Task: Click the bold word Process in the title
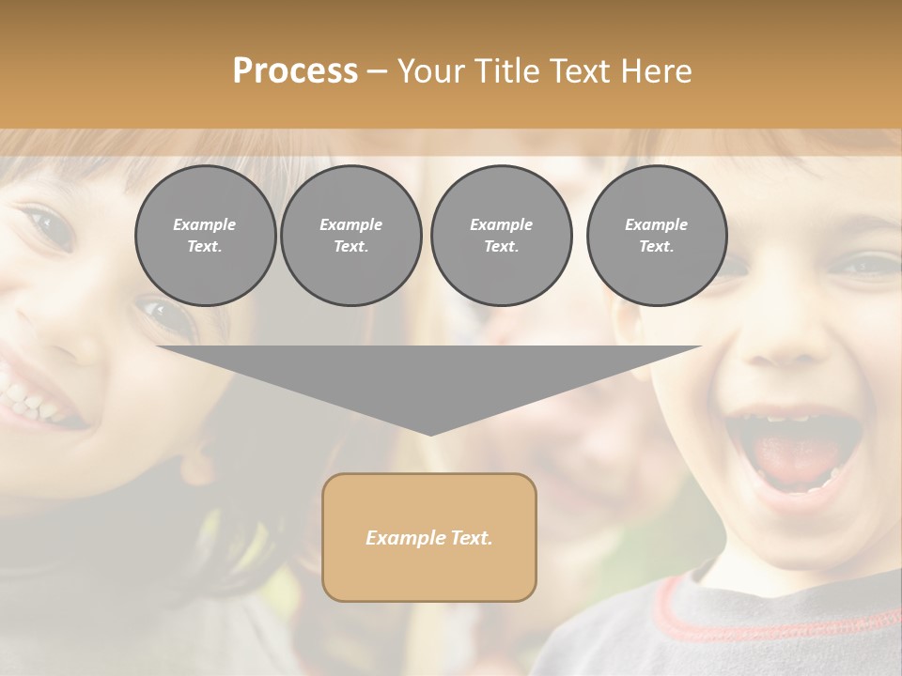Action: tap(295, 71)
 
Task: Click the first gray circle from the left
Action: tap(205, 236)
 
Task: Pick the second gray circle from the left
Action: tap(350, 236)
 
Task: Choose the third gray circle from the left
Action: tap(501, 236)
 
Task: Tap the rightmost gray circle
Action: tap(656, 236)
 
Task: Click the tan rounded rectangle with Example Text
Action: tap(429, 537)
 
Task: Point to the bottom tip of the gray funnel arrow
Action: tap(429, 434)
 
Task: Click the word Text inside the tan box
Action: tap(470, 538)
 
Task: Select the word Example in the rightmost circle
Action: tap(656, 224)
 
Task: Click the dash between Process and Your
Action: tap(377, 71)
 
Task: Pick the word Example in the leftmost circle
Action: tap(205, 224)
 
